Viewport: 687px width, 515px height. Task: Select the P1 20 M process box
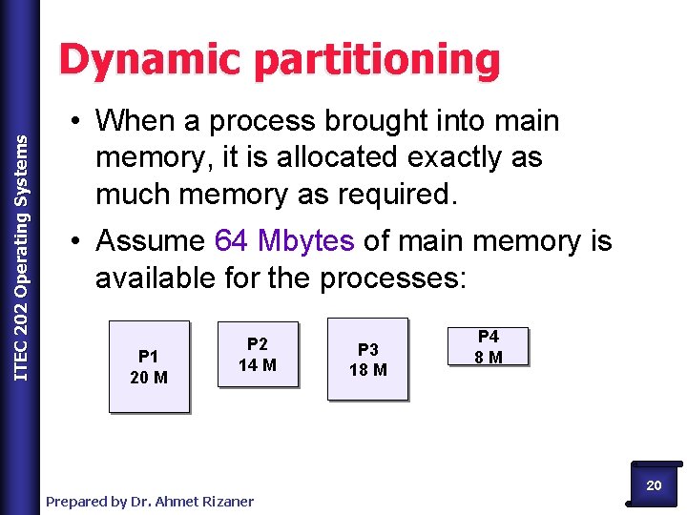tap(149, 367)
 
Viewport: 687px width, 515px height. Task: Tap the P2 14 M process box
tap(258, 355)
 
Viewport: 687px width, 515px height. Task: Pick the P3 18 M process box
tap(368, 360)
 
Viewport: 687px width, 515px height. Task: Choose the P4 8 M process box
tap(488, 347)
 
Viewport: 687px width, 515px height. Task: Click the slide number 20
tap(654, 485)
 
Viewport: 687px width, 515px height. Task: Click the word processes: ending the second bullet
tap(392, 278)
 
